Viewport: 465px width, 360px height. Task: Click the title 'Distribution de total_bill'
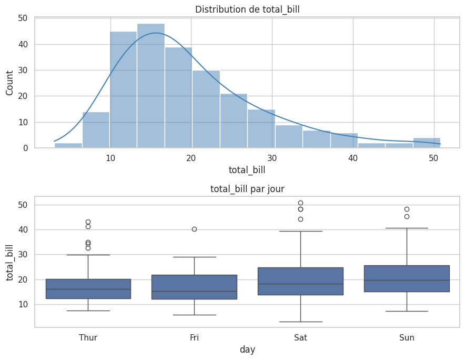[x=247, y=9]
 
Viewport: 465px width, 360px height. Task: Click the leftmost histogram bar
[x=68, y=145]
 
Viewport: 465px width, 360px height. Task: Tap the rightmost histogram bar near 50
[x=427, y=143]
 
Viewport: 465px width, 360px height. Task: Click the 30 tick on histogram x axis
[x=272, y=158]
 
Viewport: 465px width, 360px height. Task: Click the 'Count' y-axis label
[x=9, y=83]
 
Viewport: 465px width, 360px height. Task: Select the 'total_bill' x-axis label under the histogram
[x=247, y=170]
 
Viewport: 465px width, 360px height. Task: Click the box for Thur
[x=88, y=289]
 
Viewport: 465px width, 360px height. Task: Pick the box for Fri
[x=194, y=287]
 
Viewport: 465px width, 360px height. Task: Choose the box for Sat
[x=300, y=281]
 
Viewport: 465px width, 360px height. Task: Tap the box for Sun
[x=407, y=278]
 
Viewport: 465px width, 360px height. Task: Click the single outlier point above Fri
[x=194, y=229]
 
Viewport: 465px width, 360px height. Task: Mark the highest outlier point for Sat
[x=300, y=203]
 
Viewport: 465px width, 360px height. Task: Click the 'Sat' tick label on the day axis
[x=300, y=337]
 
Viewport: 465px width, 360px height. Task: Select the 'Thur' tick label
[x=88, y=337]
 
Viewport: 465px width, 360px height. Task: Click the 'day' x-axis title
[x=247, y=349]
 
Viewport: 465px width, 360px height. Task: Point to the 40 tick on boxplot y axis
[x=22, y=229]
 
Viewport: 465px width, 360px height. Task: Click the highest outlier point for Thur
[x=88, y=222]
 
